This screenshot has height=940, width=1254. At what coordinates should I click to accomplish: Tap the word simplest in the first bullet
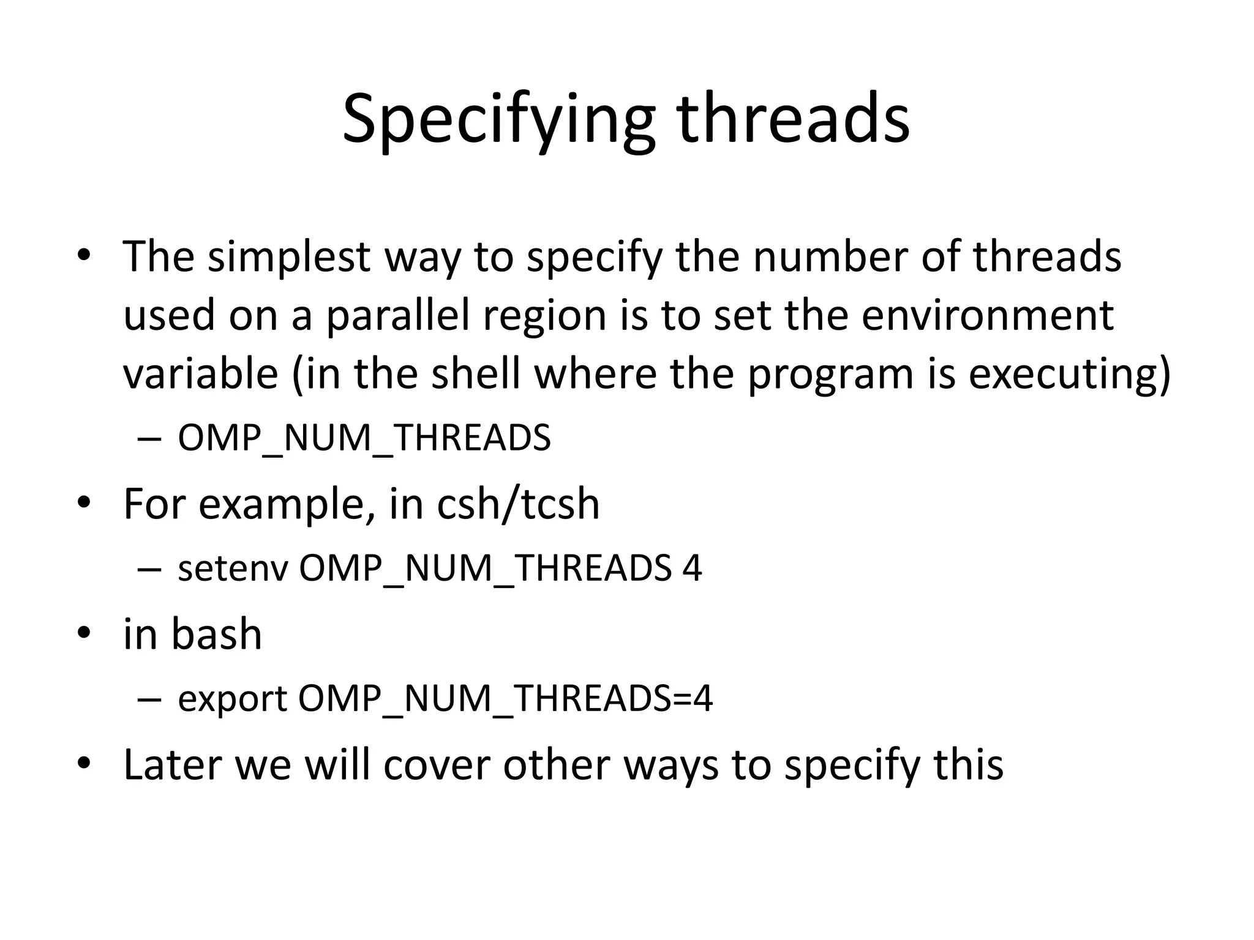click(x=288, y=256)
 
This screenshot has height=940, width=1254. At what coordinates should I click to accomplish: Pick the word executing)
click(x=1069, y=374)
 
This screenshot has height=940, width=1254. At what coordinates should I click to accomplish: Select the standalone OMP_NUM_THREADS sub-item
click(x=364, y=438)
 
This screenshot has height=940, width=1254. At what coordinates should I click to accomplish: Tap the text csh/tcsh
click(x=518, y=504)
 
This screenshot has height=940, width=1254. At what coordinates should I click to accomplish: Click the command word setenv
click(x=233, y=569)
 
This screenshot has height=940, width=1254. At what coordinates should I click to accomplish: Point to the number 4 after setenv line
click(x=692, y=569)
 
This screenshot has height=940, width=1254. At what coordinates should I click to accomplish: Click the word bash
click(x=217, y=634)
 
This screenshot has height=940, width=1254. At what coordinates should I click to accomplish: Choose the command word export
click(x=232, y=699)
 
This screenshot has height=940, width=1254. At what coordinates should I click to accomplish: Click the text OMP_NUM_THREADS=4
click(x=505, y=699)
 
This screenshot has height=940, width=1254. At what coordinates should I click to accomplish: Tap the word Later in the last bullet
click(x=172, y=764)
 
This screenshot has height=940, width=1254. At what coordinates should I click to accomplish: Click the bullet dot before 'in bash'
click(x=84, y=634)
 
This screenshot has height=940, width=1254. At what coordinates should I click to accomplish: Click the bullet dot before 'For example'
click(x=84, y=504)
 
